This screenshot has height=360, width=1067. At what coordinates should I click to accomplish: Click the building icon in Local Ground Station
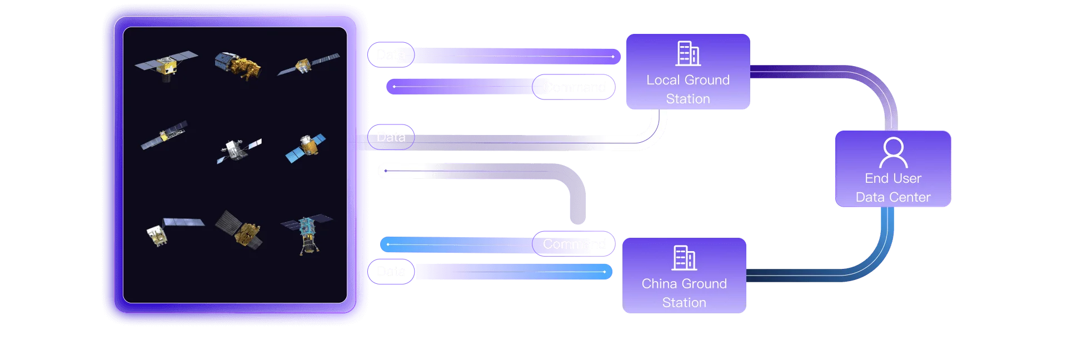click(688, 53)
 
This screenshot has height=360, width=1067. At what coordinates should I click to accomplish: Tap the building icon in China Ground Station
click(684, 258)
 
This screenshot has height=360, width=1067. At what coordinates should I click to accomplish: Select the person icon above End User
click(893, 152)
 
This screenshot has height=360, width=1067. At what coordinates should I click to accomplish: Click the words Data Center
click(893, 197)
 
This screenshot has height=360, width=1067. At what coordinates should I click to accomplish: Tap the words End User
click(893, 178)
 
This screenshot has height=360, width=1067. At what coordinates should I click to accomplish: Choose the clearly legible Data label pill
click(391, 137)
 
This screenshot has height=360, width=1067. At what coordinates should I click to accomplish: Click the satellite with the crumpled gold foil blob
click(238, 65)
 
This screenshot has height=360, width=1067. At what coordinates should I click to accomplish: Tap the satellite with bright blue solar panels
click(305, 147)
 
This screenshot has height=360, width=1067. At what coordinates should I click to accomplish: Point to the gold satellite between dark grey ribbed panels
click(239, 229)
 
